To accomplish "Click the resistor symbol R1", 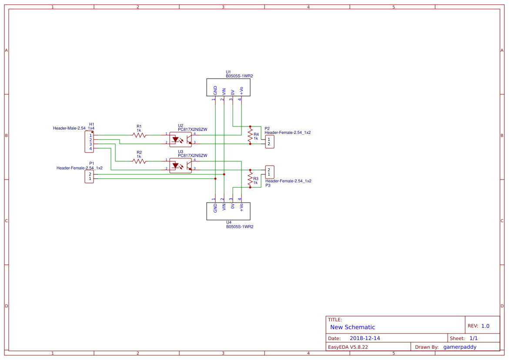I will (139, 135).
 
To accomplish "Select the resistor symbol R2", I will (139, 161).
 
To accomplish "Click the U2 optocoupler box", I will (181, 140).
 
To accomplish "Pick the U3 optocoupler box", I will (181, 165).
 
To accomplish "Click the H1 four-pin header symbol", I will (89, 142).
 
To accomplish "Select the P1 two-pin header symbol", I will (89, 177).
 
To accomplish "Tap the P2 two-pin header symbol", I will (269, 142).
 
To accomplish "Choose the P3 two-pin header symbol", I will (269, 172).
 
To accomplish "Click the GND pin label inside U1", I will (215, 90).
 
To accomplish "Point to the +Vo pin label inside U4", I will (241, 207).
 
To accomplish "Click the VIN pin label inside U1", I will (224, 91).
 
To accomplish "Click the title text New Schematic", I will (352, 327).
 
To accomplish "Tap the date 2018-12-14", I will (365, 338).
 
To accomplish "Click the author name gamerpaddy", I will (459, 347).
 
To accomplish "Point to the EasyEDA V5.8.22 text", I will (348, 347).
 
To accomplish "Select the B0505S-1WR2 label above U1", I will (239, 76).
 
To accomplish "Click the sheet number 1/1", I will (473, 338).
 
